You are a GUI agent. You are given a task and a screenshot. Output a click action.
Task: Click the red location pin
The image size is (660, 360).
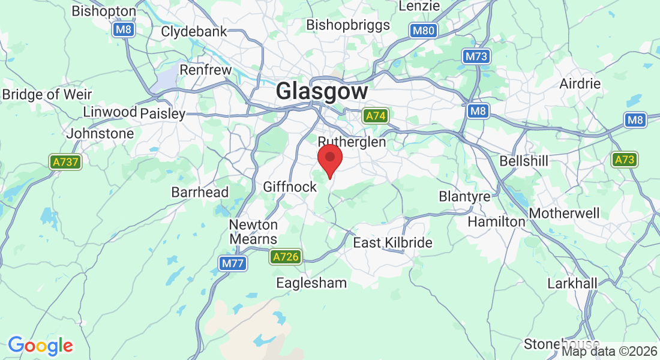(329, 159)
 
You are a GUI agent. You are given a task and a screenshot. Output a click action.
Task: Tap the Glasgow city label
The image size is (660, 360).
(322, 92)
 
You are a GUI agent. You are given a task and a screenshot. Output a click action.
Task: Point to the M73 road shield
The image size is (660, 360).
(477, 56)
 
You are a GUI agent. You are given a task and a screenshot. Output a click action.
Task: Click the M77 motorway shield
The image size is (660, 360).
(233, 263)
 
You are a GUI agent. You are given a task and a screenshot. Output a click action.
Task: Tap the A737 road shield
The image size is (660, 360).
(65, 161)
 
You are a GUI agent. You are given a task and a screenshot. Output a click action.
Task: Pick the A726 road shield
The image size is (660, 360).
(285, 257)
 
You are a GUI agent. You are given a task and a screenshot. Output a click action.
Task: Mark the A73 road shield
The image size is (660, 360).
(625, 160)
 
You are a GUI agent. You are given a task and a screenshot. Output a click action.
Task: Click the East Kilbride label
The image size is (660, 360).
(392, 243)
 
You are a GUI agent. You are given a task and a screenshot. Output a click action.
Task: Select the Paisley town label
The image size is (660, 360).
(163, 113)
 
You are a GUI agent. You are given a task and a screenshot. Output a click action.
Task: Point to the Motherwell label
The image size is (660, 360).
(564, 214)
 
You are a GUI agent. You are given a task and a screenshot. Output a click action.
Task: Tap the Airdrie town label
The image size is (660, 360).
(580, 83)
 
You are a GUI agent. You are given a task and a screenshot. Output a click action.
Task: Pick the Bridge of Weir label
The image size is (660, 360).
(47, 94)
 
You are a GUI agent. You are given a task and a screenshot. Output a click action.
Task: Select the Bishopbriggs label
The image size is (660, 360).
(348, 25)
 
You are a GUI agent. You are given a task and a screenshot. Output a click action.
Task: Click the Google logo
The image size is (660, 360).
(40, 346)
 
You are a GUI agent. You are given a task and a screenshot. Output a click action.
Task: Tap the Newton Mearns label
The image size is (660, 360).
(254, 232)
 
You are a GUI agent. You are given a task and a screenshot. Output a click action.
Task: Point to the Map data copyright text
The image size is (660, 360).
(609, 351)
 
